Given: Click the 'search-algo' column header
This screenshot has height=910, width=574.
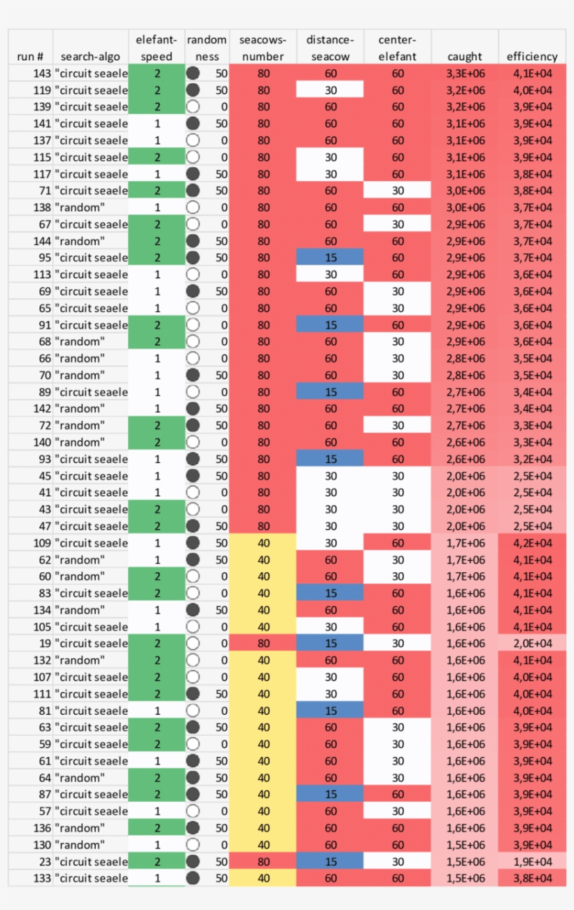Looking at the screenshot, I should (90, 57).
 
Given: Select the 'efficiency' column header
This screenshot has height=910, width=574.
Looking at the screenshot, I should (532, 57).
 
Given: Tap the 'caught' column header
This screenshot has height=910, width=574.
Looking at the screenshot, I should (465, 57).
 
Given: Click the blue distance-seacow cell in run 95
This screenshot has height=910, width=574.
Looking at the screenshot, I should (330, 258).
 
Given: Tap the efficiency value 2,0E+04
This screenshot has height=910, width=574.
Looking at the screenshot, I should (532, 644).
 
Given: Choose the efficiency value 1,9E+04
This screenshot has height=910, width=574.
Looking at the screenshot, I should (532, 862).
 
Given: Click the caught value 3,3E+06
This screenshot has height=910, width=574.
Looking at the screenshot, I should (465, 73).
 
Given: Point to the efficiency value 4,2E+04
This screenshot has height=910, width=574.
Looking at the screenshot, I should (532, 543).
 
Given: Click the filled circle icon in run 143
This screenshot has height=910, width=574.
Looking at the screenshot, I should (194, 73).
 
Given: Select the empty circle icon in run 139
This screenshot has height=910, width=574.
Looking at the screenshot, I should (194, 106).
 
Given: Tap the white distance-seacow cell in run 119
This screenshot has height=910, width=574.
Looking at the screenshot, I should (330, 90).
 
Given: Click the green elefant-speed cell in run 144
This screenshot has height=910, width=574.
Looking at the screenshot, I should (157, 241).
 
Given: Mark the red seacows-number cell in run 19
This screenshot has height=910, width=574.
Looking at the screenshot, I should (263, 644).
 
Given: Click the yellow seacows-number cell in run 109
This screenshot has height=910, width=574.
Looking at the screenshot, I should (263, 543).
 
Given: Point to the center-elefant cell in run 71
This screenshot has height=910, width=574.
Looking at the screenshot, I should (398, 191).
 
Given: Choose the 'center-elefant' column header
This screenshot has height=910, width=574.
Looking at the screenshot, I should (398, 48).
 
